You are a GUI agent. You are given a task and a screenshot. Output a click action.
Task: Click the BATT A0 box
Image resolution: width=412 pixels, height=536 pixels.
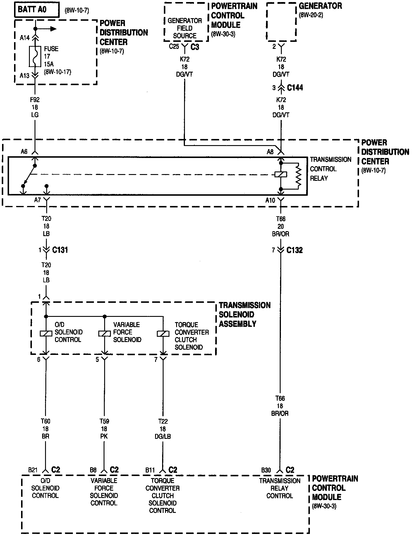(x=37, y=10)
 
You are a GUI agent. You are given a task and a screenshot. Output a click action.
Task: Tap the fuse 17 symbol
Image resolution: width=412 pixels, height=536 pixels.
(x=35, y=56)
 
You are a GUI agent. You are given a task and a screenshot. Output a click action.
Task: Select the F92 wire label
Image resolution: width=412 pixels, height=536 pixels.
(x=35, y=100)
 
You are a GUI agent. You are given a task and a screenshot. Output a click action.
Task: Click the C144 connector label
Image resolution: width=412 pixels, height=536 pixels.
(x=295, y=87)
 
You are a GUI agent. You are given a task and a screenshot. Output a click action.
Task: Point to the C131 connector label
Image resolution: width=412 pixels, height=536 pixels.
(x=60, y=250)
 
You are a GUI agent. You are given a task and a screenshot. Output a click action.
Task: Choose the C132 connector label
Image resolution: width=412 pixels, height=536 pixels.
(x=294, y=250)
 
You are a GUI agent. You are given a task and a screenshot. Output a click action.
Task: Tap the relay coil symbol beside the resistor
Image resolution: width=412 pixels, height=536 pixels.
(x=281, y=175)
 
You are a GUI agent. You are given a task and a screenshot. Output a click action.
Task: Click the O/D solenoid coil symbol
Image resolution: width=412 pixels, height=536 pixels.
(x=46, y=333)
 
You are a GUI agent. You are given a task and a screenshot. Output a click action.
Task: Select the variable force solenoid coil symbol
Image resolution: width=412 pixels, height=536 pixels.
(x=104, y=333)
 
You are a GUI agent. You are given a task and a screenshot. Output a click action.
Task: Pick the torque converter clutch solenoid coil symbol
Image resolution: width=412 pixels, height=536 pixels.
(x=163, y=334)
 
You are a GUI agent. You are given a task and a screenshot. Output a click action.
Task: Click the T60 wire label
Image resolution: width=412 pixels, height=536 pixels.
(x=45, y=421)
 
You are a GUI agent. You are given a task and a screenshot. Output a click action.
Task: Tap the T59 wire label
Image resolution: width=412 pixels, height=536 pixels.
(x=104, y=421)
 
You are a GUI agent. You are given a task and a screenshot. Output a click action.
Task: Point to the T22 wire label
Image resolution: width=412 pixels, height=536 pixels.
(x=163, y=421)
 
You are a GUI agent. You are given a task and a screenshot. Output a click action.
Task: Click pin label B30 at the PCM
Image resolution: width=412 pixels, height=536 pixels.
(x=266, y=470)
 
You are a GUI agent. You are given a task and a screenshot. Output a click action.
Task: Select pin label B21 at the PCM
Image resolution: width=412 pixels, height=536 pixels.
(x=32, y=470)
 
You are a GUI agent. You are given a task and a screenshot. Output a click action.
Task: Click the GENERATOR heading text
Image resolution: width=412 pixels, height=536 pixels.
(x=320, y=6)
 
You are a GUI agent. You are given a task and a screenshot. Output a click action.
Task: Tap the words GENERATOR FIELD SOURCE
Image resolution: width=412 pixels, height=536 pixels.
(x=185, y=28)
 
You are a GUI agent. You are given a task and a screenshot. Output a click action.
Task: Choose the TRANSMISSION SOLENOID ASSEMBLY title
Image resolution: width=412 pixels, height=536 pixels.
(x=244, y=315)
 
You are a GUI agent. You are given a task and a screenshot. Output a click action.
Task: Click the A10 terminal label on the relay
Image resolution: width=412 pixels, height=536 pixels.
(x=270, y=200)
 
